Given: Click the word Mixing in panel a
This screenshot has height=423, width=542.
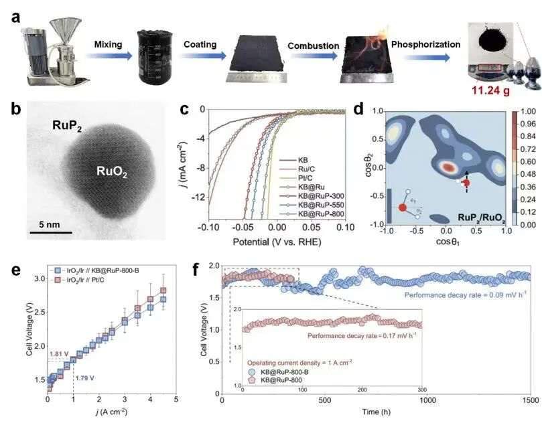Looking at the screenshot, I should pos(109,44).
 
